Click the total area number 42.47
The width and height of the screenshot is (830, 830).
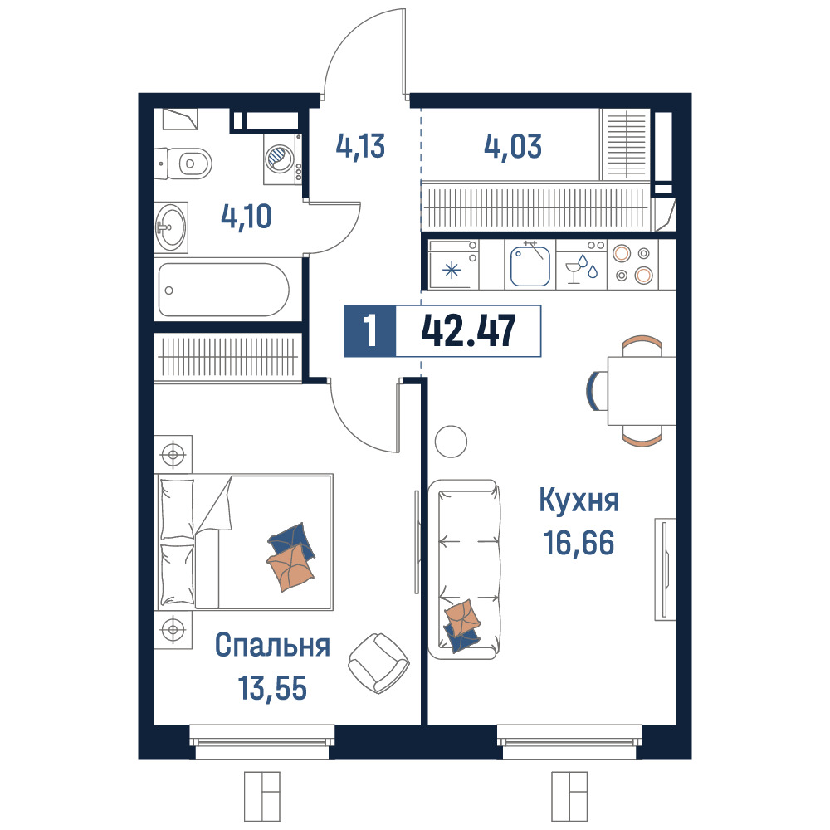(468, 331)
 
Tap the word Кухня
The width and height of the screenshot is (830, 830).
(579, 500)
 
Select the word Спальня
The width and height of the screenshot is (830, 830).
(272, 645)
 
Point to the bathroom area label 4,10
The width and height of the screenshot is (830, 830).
(247, 217)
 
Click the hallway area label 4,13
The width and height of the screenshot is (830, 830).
(360, 146)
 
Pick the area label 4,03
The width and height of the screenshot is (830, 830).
(513, 146)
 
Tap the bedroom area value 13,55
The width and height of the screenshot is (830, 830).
(272, 688)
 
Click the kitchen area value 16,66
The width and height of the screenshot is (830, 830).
(579, 543)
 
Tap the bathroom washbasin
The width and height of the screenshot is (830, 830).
(170, 227)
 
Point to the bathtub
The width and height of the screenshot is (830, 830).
(224, 290)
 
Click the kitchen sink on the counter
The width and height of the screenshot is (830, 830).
(530, 265)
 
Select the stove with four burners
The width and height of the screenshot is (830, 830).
(632, 265)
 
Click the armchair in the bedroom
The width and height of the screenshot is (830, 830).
(379, 663)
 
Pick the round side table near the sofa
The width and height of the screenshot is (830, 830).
(451, 441)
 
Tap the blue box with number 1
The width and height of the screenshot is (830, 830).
(370, 331)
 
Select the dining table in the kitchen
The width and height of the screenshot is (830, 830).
(642, 391)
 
